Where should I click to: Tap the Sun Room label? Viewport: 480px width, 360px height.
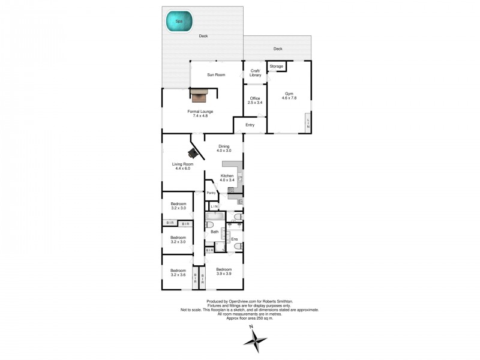[216, 74]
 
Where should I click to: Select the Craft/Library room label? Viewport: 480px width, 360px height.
[256, 73]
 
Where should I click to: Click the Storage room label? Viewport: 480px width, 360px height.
[276, 66]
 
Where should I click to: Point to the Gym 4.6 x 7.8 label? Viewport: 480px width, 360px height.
[289, 97]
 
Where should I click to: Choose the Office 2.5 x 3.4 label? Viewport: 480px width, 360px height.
[256, 100]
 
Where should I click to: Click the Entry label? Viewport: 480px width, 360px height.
[250, 125]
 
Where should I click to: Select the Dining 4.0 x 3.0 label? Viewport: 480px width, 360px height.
[224, 148]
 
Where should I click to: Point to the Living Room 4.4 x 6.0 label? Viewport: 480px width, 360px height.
[181, 166]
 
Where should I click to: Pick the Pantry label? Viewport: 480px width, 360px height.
[211, 193]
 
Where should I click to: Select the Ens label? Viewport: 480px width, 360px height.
[235, 239]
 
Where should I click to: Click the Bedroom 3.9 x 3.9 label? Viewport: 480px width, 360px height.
[224, 271]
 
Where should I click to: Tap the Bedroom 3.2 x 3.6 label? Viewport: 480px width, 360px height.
[178, 272]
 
